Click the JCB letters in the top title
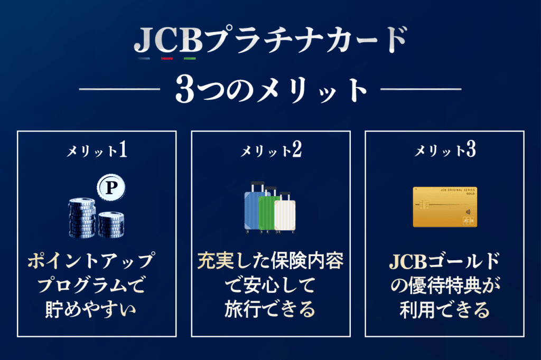pyautogui.click(x=169, y=40)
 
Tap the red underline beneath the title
pyautogui.click(x=166, y=59)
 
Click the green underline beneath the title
pyautogui.click(x=190, y=59)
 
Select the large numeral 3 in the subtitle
pyautogui.click(x=185, y=89)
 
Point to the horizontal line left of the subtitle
pyautogui.click(x=120, y=89)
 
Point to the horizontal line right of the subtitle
pyautogui.click(x=421, y=89)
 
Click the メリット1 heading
pyautogui.click(x=97, y=150)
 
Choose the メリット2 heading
pyautogui.click(x=271, y=150)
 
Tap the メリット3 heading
pyautogui.click(x=445, y=150)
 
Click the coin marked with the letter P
pyautogui.click(x=111, y=188)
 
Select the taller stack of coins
pyautogui.click(x=82, y=218)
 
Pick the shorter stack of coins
pyautogui.click(x=111, y=225)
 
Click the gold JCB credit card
pyautogui.click(x=445, y=207)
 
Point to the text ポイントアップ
pyautogui.click(x=91, y=261)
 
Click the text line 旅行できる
pyautogui.click(x=270, y=309)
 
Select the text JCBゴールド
pyautogui.click(x=444, y=261)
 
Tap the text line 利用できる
pyautogui.click(x=444, y=309)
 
